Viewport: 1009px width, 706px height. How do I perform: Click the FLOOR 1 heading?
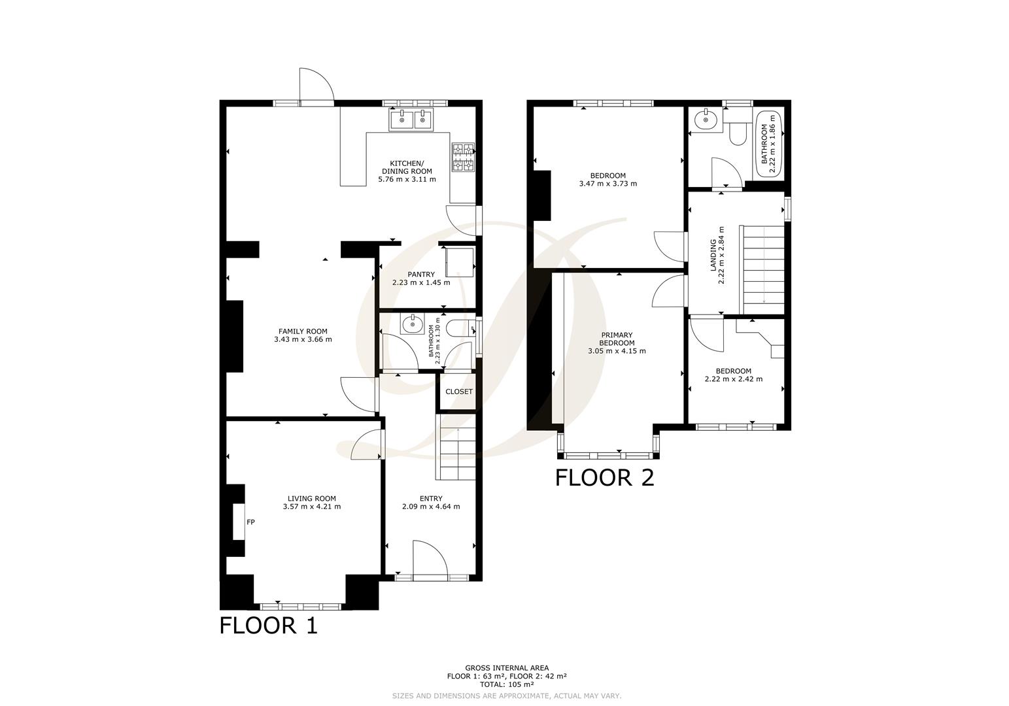click(x=268, y=626)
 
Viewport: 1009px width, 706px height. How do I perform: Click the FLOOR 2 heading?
click(x=604, y=478)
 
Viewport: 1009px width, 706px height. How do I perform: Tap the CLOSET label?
click(x=458, y=392)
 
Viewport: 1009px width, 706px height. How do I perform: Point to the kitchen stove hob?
click(x=462, y=158)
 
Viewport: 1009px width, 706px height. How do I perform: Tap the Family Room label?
click(x=303, y=331)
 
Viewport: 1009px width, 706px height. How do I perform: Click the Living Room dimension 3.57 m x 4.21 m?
click(x=312, y=506)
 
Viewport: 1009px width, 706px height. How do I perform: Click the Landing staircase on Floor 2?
click(x=762, y=269)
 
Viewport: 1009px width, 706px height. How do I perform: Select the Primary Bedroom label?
click(x=617, y=339)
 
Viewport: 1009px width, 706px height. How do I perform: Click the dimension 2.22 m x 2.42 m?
click(x=733, y=379)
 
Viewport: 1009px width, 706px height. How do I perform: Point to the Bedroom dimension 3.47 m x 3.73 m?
click(x=607, y=184)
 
